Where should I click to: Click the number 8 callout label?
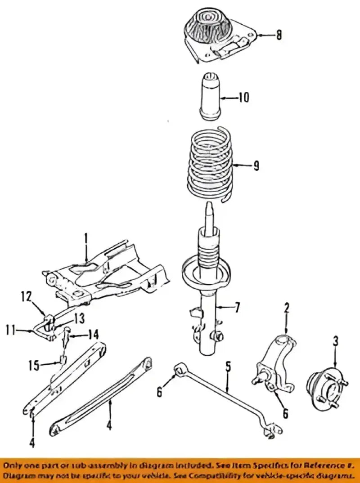pos(279,35)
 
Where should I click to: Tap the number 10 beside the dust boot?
pos(243,98)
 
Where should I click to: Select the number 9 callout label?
pos(256,166)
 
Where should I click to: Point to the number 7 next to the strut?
pos(237,308)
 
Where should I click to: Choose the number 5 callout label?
pos(228,366)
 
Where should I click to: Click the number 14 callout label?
pos(93,334)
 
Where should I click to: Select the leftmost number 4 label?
pos(32,430)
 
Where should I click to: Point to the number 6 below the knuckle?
pos(285,413)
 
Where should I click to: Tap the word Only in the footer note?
pos(16,464)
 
